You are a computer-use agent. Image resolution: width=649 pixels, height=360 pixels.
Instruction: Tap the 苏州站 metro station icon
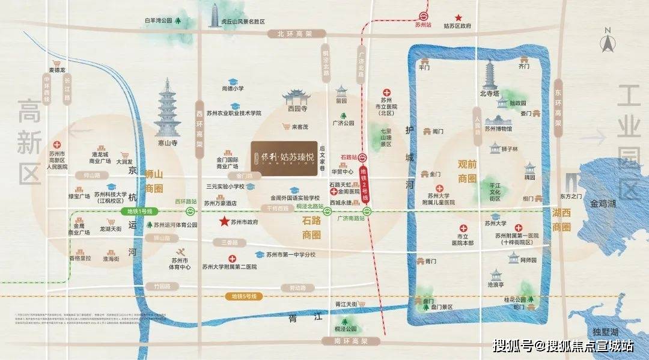424,17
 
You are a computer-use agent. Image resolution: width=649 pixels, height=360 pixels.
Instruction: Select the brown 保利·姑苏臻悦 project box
284,159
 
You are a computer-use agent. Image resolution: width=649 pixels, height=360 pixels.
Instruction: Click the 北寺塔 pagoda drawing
489,73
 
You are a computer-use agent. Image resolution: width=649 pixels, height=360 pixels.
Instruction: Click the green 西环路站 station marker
190,211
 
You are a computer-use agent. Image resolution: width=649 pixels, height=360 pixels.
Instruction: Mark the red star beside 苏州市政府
224,222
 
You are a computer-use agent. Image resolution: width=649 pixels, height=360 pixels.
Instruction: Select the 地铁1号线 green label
139,211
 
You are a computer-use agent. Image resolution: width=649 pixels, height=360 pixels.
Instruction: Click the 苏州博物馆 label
499,129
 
